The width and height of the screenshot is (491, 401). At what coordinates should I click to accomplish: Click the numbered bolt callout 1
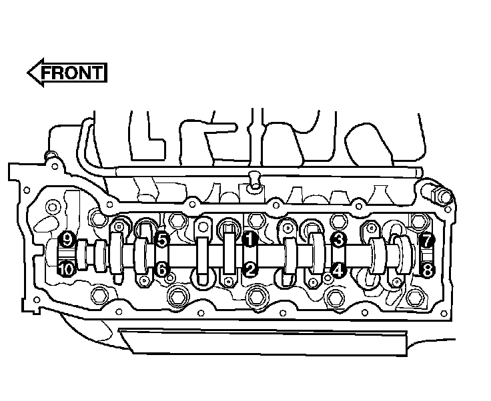(250, 239)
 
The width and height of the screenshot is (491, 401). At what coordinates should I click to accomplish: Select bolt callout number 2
(250, 269)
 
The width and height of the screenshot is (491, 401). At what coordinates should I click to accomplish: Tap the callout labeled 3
(338, 240)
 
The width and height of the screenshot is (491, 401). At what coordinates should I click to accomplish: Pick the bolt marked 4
(338, 270)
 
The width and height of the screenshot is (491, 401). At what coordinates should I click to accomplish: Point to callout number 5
(162, 240)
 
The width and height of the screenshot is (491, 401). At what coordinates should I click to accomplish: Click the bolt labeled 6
(162, 269)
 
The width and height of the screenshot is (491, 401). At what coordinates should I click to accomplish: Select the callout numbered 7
(427, 240)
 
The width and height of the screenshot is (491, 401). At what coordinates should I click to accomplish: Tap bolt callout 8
(428, 270)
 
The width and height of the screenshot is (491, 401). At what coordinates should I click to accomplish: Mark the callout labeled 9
(67, 240)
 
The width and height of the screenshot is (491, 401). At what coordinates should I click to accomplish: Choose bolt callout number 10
(67, 269)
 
